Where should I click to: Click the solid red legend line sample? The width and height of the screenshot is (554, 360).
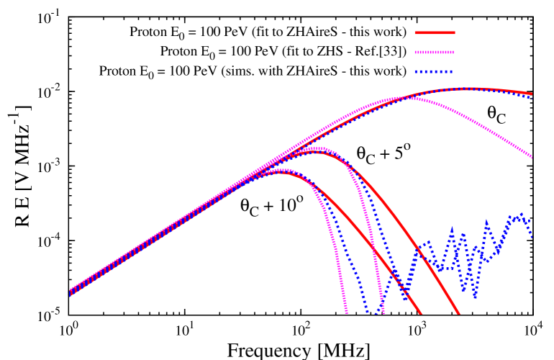coord(435,32)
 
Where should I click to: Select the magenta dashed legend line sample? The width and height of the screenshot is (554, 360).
coord(435,52)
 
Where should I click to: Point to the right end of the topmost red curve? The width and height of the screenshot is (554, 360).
coord(532,94)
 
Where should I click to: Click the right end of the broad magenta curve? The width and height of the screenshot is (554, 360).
coord(532,157)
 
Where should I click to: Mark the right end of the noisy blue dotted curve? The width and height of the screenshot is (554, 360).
coord(532,235)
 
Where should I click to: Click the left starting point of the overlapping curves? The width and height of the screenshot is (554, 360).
coord(70,292)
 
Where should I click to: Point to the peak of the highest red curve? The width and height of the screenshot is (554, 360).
coord(471,89)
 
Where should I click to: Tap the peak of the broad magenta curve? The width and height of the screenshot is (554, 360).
coord(403,97)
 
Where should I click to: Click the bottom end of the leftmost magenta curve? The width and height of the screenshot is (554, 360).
coord(347,313)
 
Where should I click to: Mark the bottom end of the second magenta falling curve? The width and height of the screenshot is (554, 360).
coord(383,313)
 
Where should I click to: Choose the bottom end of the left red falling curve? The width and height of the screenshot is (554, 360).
coord(421,314)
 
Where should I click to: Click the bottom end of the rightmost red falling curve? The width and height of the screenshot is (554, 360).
coord(458,314)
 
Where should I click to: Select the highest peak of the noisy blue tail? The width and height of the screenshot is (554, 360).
coord(519,214)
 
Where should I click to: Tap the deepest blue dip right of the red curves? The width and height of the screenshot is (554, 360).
coord(474,296)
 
